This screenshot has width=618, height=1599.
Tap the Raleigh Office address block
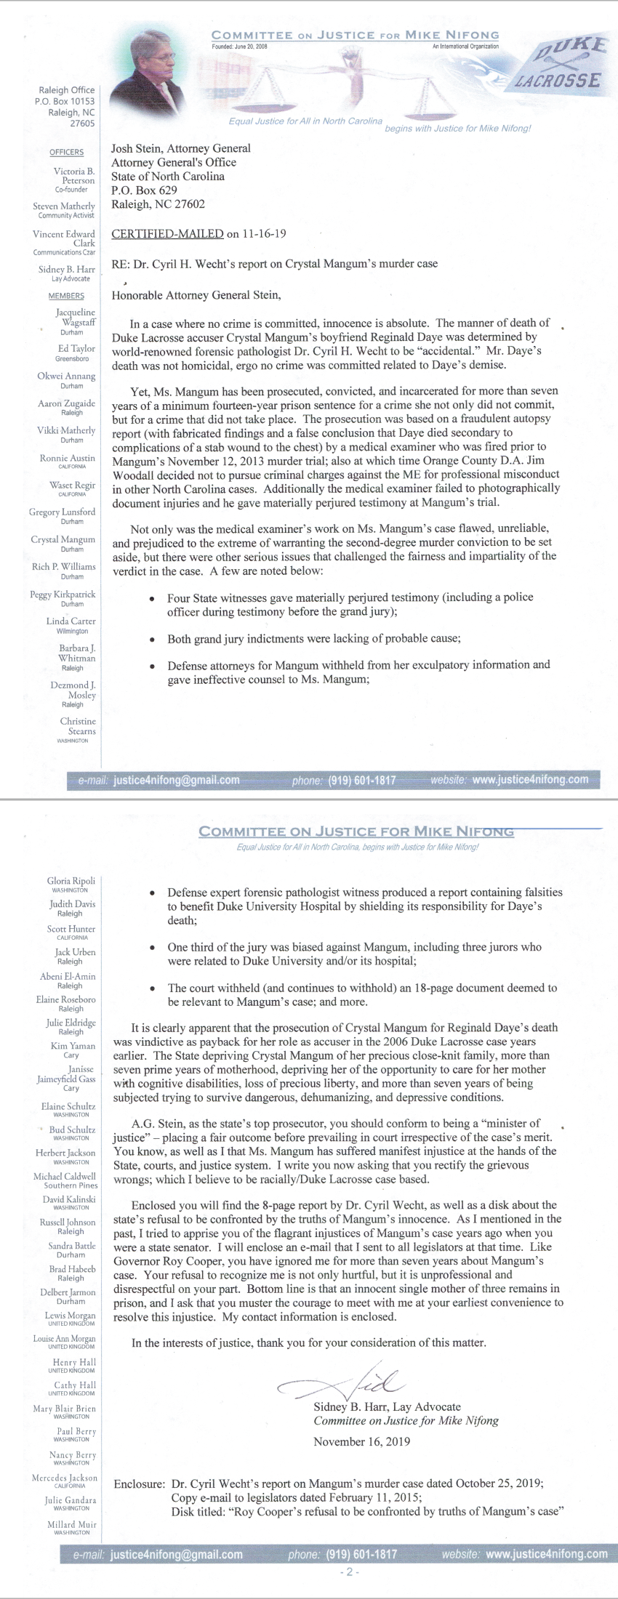(66, 107)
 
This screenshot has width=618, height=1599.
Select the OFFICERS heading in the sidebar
(66, 152)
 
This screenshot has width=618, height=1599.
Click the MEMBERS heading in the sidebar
(66, 296)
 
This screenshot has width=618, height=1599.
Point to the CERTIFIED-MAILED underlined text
(167, 234)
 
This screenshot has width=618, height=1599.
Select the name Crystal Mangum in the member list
(63, 539)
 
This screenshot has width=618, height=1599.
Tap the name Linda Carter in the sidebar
(71, 621)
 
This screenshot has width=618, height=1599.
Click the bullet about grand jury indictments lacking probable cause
(314, 639)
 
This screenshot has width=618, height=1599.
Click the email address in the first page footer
(177, 780)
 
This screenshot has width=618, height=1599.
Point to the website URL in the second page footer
(546, 1554)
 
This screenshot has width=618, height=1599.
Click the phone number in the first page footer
(362, 780)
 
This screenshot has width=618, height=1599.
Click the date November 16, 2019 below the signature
(361, 1441)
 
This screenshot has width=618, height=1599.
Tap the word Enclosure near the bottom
(138, 1483)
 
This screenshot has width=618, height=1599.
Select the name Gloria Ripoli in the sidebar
(71, 881)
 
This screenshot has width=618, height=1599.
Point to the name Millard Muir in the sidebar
(72, 1524)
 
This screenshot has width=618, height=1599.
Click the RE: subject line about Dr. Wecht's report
(274, 263)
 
